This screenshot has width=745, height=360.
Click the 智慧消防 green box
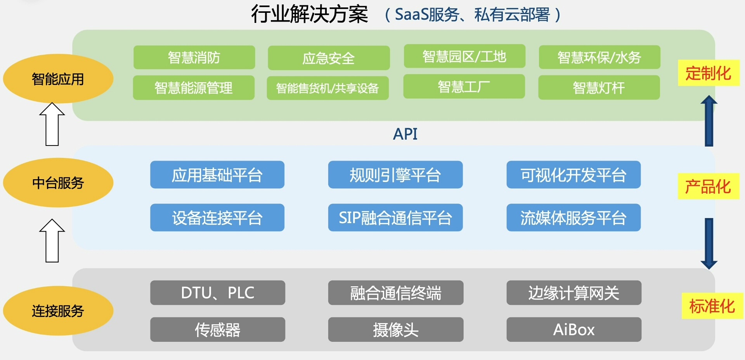pyautogui.click(x=194, y=57)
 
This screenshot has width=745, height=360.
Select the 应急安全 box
pyautogui.click(x=329, y=58)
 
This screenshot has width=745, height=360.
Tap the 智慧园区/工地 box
pyautogui.click(x=464, y=57)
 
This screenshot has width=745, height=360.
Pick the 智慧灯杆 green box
pyautogui.click(x=599, y=88)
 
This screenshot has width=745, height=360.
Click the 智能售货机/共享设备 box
pyautogui.click(x=327, y=88)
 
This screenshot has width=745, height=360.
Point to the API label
pyautogui.click(x=405, y=134)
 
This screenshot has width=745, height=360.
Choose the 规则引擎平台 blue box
pyautogui.click(x=395, y=175)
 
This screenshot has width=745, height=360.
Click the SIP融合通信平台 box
pyautogui.click(x=395, y=218)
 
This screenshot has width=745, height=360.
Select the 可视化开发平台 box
pyautogui.click(x=573, y=175)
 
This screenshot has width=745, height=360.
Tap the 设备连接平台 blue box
pyautogui.click(x=217, y=218)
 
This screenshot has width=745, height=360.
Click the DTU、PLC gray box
pyautogui.click(x=217, y=292)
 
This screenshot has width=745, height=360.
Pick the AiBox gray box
pyautogui.click(x=573, y=330)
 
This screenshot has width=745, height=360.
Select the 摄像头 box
pyautogui.click(x=395, y=330)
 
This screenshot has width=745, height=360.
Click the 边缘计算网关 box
pyautogui.click(x=573, y=292)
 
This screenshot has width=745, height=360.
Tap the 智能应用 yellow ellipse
pyautogui.click(x=58, y=79)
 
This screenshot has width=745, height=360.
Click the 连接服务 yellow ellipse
pyautogui.click(x=58, y=311)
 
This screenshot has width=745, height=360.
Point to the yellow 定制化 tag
pyautogui.click(x=708, y=73)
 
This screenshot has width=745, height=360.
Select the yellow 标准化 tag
pyautogui.click(x=712, y=306)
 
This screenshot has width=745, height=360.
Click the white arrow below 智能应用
pyautogui.click(x=52, y=124)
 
